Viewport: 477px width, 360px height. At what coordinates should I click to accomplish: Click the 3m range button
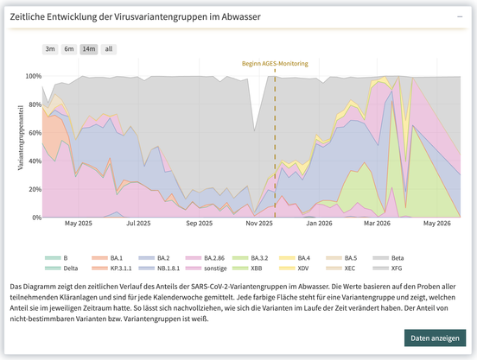pyautogui.click(x=50, y=49)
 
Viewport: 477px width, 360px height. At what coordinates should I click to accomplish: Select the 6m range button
pyautogui.click(x=69, y=49)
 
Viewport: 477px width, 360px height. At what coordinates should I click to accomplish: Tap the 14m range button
pyautogui.click(x=89, y=49)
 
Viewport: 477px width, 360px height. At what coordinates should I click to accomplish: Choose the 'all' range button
pyautogui.click(x=109, y=49)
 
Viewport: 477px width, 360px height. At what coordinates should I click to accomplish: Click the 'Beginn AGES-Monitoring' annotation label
pyautogui.click(x=275, y=64)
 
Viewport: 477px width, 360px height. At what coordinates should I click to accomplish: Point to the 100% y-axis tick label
pyautogui.click(x=34, y=76)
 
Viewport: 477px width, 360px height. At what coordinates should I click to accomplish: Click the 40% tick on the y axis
pyautogui.click(x=35, y=161)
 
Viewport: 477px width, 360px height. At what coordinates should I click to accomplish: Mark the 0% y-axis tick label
pyautogui.click(x=36, y=218)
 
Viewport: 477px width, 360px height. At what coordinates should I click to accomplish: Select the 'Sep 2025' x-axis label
pyautogui.click(x=200, y=224)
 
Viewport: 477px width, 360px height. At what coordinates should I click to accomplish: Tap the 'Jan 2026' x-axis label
pyautogui.click(x=319, y=224)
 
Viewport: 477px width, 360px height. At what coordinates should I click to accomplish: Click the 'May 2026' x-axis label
pyautogui.click(x=437, y=224)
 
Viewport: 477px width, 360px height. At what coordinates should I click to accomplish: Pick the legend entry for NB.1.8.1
pyautogui.click(x=159, y=268)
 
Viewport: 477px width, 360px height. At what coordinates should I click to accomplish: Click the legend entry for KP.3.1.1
pyautogui.click(x=111, y=268)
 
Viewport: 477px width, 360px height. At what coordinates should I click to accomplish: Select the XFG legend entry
pyautogui.click(x=387, y=268)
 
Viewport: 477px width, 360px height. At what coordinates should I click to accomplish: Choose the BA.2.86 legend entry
pyautogui.click(x=205, y=258)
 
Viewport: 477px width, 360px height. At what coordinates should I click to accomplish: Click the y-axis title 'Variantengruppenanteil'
pyautogui.click(x=21, y=137)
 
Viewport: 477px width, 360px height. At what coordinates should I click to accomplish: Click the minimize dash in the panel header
pyautogui.click(x=460, y=16)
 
